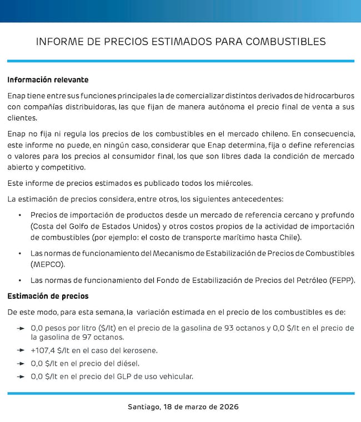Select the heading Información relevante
[48, 80]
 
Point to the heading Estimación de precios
[48, 296]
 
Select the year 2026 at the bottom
[228, 407]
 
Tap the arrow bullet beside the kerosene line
[21, 350]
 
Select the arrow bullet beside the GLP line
[21, 377]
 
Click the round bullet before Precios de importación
[20, 215]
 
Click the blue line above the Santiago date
[180, 394]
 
